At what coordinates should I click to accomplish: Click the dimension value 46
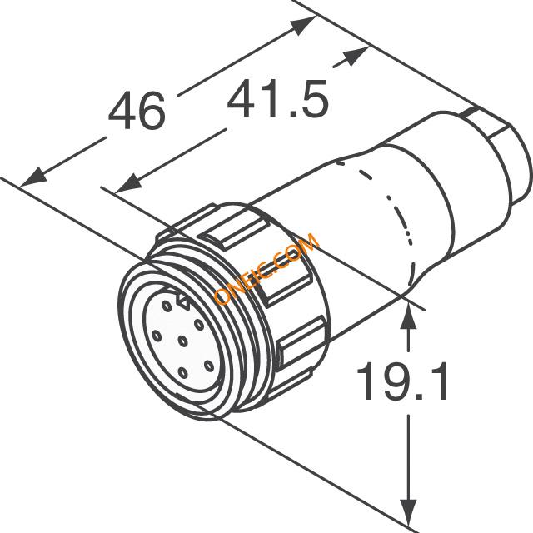137,111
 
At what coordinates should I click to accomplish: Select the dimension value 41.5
277,98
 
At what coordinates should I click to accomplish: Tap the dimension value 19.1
401,381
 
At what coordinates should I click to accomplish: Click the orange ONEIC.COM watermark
266,268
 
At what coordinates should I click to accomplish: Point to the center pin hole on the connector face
182,340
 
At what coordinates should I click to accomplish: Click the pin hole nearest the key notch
167,306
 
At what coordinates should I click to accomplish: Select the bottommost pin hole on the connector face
182,373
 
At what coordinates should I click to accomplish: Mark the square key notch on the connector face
183,301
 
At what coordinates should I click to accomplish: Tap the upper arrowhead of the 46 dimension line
303,25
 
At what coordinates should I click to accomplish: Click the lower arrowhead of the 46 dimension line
33,177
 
